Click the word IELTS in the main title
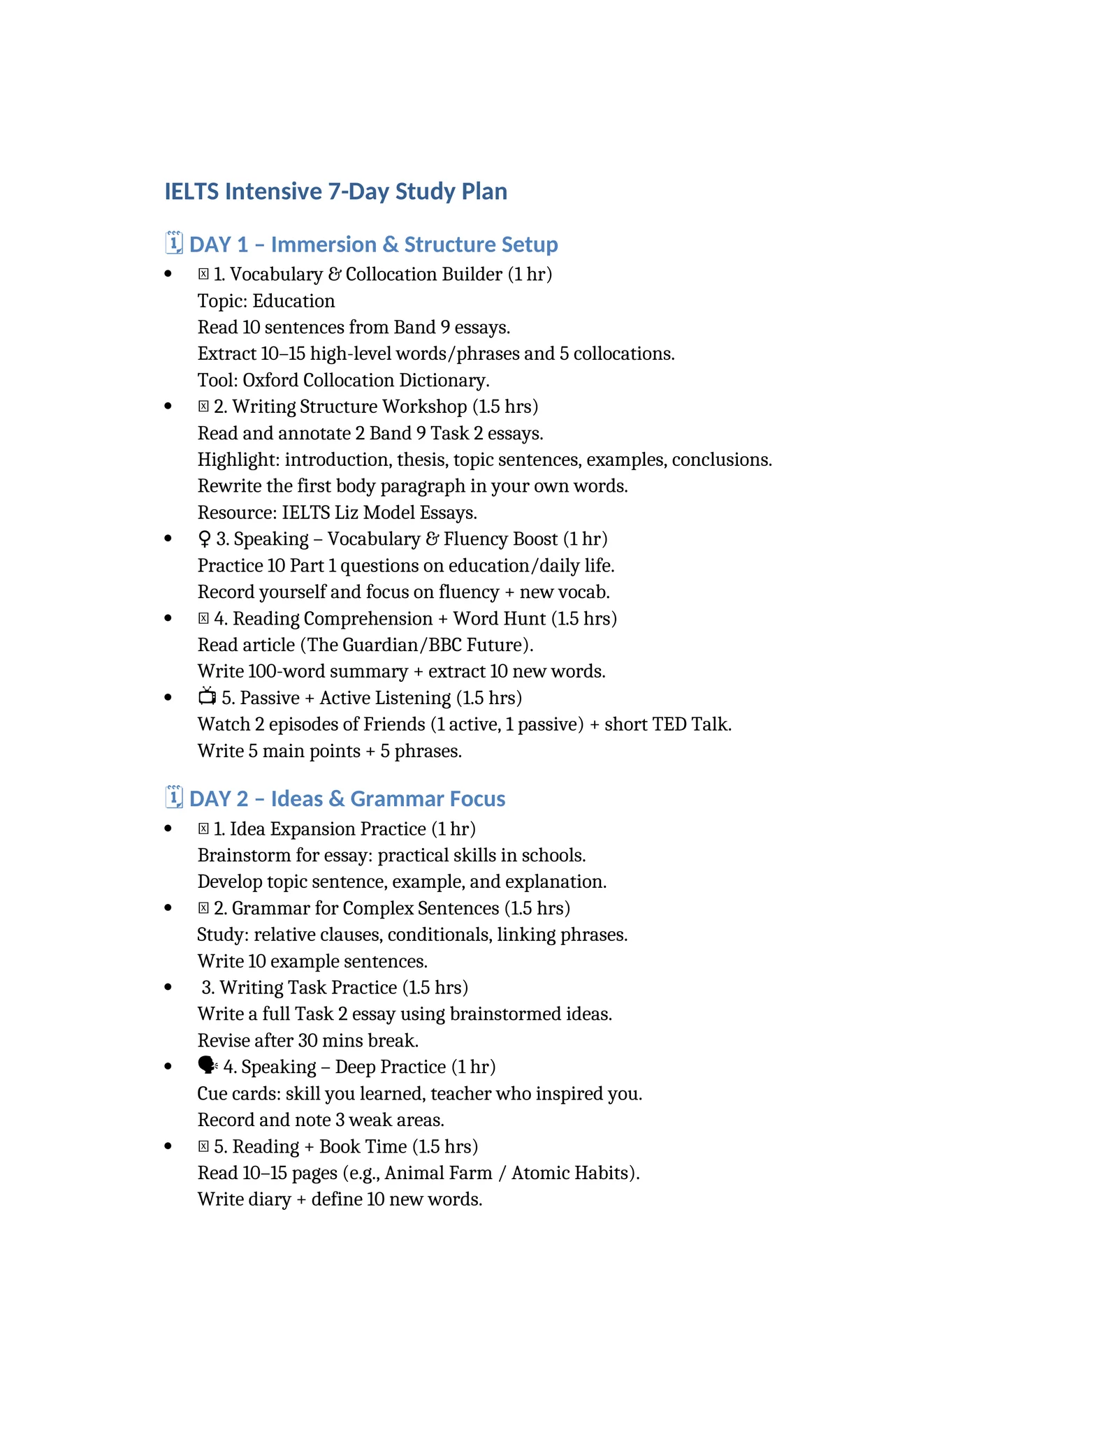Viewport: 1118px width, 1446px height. click(191, 191)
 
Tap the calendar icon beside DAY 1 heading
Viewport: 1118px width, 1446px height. click(174, 243)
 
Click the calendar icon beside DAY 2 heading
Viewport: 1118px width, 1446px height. click(174, 797)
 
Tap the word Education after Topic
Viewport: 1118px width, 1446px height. click(293, 301)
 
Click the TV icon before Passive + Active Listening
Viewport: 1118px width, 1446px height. click(207, 696)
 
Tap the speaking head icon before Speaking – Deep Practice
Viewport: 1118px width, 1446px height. click(208, 1065)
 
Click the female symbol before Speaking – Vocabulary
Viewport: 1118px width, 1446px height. click(204, 539)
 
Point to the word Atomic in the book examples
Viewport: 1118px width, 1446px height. click(539, 1173)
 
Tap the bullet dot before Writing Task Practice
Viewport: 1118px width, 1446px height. click(168, 987)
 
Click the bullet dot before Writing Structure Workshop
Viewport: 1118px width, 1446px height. click(168, 407)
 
